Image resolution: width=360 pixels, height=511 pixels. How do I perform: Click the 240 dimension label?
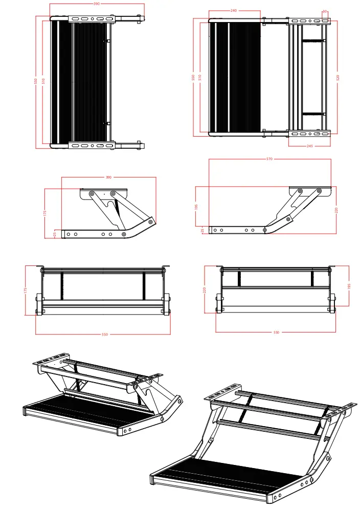(234, 10)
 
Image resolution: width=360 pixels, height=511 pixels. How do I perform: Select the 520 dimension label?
(337, 77)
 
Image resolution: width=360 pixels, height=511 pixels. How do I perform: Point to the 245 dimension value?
(309, 146)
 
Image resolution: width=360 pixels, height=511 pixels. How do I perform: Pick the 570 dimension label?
(269, 159)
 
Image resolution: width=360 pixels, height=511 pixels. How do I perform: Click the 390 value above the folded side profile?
(108, 177)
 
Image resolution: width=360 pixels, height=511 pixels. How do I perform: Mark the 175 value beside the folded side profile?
(45, 213)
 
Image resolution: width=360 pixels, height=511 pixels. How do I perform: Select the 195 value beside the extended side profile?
(196, 207)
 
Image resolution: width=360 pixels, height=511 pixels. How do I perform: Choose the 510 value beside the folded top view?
(43, 81)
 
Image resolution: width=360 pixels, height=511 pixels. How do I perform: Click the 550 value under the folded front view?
(104, 335)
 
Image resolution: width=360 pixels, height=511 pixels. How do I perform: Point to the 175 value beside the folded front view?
(26, 290)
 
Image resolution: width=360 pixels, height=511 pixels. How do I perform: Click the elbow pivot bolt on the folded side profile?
(150, 221)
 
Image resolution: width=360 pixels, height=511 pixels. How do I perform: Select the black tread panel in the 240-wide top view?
(235, 77)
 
